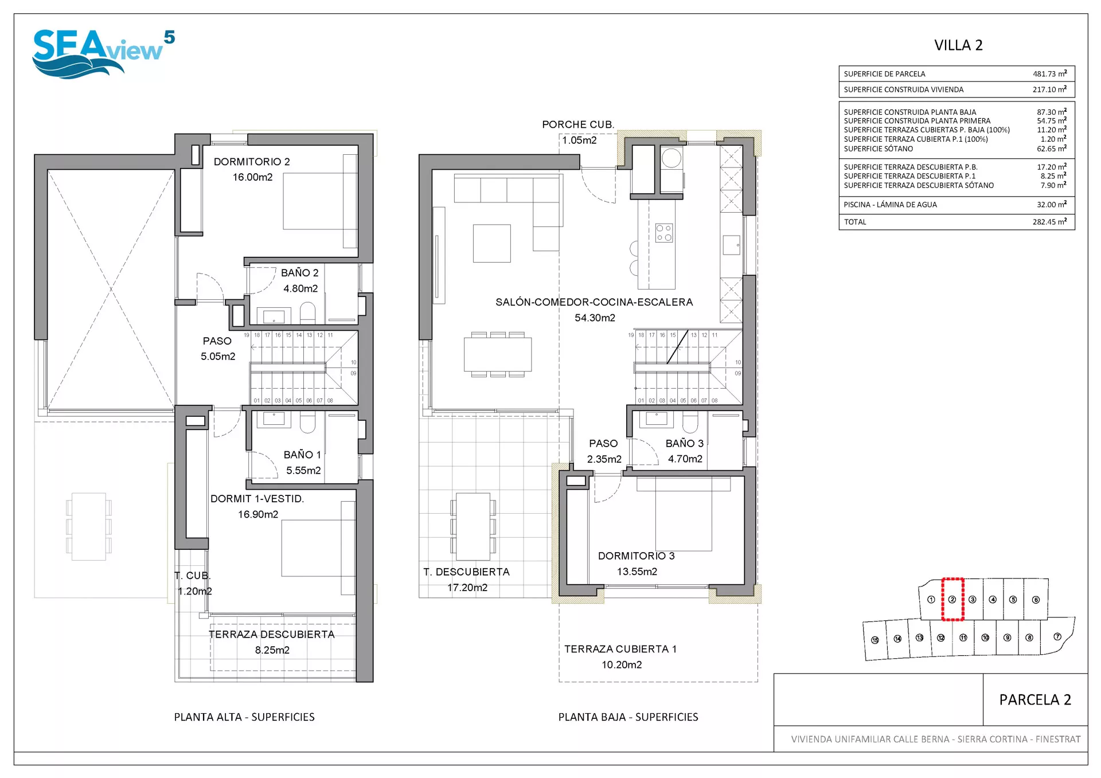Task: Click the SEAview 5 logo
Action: (x=103, y=54)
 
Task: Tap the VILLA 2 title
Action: (x=958, y=45)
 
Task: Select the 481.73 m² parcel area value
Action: (x=1049, y=73)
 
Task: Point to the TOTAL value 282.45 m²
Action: (x=1049, y=222)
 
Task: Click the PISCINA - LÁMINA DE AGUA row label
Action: (x=890, y=205)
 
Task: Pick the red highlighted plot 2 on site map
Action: (x=952, y=599)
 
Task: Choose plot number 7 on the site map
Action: (x=1057, y=636)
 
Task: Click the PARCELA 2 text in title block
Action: (x=1035, y=699)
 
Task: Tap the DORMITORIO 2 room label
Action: (x=252, y=162)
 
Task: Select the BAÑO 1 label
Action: (x=302, y=455)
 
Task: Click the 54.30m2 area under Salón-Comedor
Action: (x=595, y=318)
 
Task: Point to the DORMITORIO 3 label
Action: (x=636, y=556)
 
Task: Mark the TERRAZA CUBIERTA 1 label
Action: (x=620, y=649)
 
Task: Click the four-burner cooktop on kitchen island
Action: (x=664, y=233)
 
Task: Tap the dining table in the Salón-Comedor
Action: (x=498, y=354)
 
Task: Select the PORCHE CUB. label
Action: (x=578, y=124)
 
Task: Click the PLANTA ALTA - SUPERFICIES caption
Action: (x=244, y=717)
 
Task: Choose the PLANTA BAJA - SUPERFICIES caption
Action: (x=628, y=717)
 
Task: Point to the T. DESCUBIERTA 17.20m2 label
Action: (x=467, y=580)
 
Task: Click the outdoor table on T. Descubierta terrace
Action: (x=473, y=526)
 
